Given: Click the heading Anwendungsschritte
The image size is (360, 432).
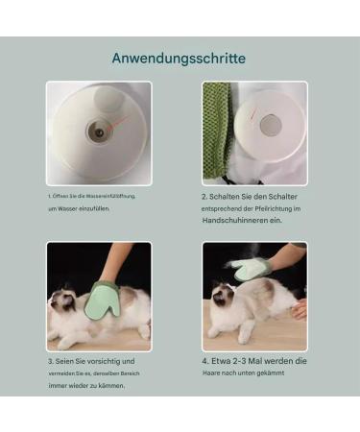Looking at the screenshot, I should [x=179, y=59].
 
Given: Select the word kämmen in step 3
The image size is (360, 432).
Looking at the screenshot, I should [x=113, y=385].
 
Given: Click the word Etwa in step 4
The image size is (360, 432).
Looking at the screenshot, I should [x=222, y=360].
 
